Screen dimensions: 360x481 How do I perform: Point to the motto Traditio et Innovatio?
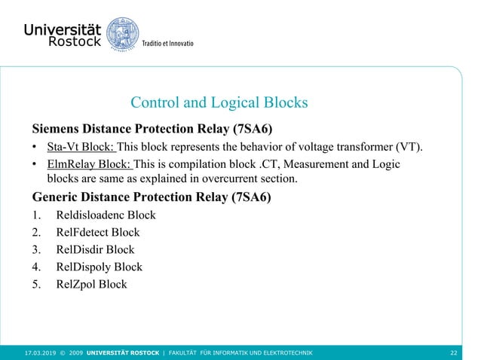[x=168, y=44]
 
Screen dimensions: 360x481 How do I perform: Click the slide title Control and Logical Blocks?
[x=219, y=102]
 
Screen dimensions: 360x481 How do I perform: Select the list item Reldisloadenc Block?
[x=106, y=215]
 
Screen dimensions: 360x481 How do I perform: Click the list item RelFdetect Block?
[x=97, y=233]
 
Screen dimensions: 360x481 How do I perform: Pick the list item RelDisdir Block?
[x=95, y=250]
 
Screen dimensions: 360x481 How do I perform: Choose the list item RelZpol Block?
[x=91, y=285]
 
